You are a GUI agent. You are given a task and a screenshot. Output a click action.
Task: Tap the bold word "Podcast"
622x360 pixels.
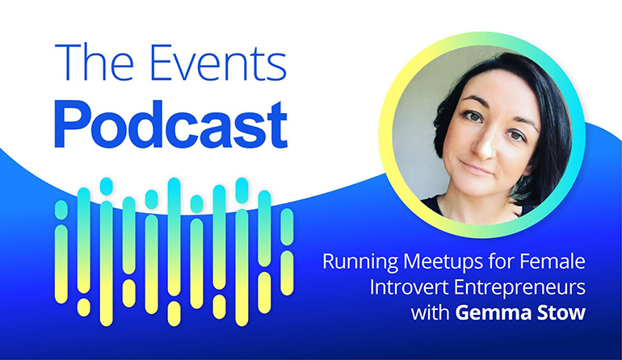pos(171,125)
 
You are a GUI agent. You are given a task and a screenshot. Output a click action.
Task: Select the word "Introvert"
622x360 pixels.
pos(409,287)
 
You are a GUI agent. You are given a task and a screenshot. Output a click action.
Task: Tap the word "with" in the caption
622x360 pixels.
pos(430,313)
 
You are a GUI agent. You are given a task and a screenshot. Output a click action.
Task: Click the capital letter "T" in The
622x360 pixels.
pos(67,62)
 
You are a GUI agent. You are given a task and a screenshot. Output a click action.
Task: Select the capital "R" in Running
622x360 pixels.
pos(330,262)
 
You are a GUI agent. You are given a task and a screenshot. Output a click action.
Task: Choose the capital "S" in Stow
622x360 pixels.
pos(544,313)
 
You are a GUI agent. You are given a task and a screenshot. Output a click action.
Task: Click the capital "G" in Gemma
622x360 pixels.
pos(463,313)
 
